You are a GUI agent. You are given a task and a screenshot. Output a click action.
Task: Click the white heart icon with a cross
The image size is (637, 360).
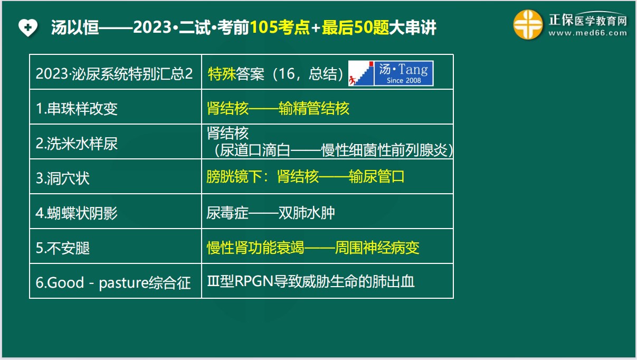tap(27, 27)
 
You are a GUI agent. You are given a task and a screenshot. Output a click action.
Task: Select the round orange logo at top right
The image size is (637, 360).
tap(528, 24)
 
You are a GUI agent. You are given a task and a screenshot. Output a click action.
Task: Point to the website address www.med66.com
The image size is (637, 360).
tap(587, 33)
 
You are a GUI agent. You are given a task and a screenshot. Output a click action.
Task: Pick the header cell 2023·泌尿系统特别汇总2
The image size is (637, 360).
tap(114, 73)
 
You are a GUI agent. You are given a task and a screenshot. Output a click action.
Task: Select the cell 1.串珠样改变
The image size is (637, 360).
tap(77, 109)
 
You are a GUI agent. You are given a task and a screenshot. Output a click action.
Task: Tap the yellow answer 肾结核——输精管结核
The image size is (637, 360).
tap(278, 109)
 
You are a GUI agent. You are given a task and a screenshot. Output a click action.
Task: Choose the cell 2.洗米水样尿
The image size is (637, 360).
tap(77, 144)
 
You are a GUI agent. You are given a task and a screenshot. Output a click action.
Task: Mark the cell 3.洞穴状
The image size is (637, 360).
tap(63, 178)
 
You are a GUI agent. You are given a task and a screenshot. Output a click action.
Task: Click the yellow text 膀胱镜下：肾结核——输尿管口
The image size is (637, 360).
tap(306, 177)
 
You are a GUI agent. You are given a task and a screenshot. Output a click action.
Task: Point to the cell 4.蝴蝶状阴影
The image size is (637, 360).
tap(77, 213)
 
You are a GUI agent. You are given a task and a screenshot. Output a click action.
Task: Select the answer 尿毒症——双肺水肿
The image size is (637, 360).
tap(271, 213)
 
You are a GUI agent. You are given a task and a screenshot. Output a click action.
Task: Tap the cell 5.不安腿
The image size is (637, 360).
tap(63, 248)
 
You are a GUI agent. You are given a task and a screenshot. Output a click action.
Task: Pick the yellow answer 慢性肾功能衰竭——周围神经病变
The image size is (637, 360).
tap(313, 248)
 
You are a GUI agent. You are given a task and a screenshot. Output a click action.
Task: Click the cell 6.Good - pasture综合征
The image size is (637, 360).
tap(113, 282)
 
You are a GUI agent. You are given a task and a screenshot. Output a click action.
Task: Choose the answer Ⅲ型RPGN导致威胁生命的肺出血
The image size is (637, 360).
tap(311, 281)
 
